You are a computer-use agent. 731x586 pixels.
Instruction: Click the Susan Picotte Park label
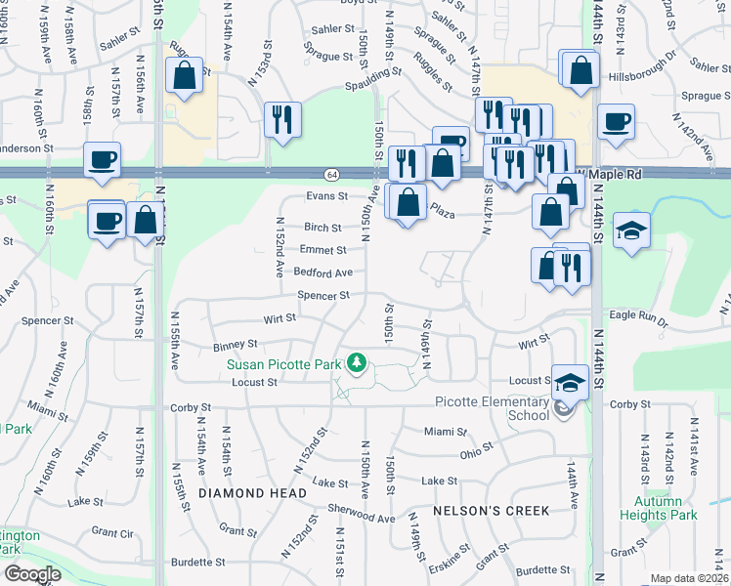tap(283, 365)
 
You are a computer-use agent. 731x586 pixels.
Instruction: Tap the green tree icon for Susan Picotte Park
tap(358, 363)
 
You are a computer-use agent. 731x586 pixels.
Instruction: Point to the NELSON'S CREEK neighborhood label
tap(492, 510)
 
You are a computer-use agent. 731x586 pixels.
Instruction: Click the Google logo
tap(31, 574)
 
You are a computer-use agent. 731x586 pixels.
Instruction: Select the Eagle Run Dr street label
tap(636, 319)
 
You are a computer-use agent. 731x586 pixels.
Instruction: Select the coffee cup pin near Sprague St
tap(616, 121)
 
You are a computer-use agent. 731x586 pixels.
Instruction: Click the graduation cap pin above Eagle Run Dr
tap(632, 230)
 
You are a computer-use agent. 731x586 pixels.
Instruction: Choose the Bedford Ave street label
tap(322, 272)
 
